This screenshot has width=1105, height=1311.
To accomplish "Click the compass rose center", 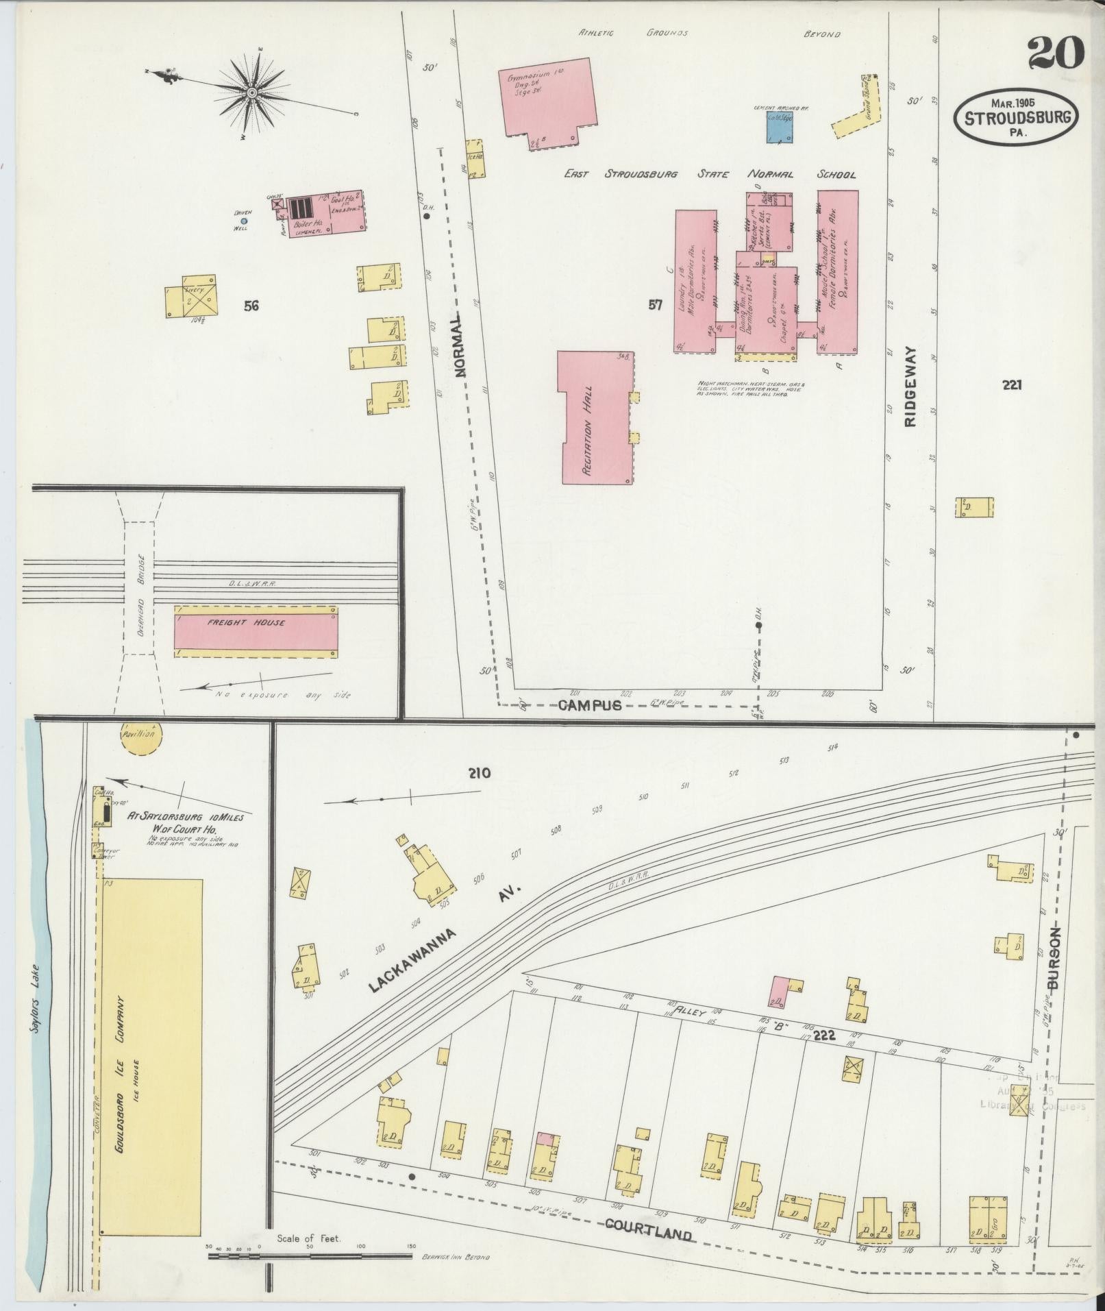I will [252, 92].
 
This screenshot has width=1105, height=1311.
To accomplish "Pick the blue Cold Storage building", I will [780, 127].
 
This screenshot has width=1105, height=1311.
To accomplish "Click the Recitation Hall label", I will [587, 430].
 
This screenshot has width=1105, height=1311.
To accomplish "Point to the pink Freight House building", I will [256, 623].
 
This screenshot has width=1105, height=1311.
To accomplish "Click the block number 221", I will [1011, 385].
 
